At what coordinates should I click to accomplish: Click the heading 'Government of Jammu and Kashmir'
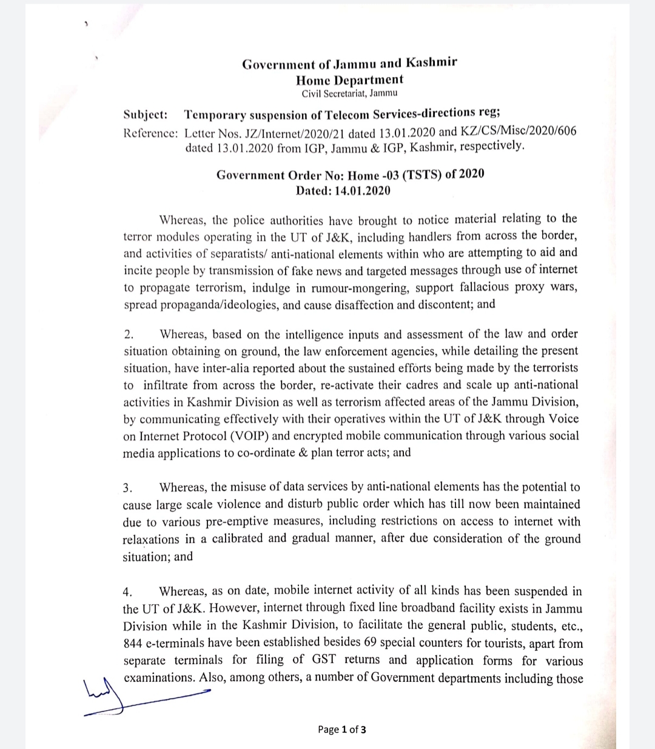[349, 63]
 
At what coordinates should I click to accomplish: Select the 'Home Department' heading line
[349, 79]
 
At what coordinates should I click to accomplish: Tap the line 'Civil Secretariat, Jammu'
[349, 93]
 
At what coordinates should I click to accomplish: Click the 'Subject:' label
[146, 115]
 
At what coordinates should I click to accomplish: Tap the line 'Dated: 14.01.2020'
[343, 191]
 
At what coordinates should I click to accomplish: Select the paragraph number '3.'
[127, 488]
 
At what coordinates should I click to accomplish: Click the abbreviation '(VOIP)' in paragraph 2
[233, 436]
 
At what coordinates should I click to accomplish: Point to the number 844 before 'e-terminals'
[133, 642]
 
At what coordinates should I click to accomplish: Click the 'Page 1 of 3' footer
[342, 730]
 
